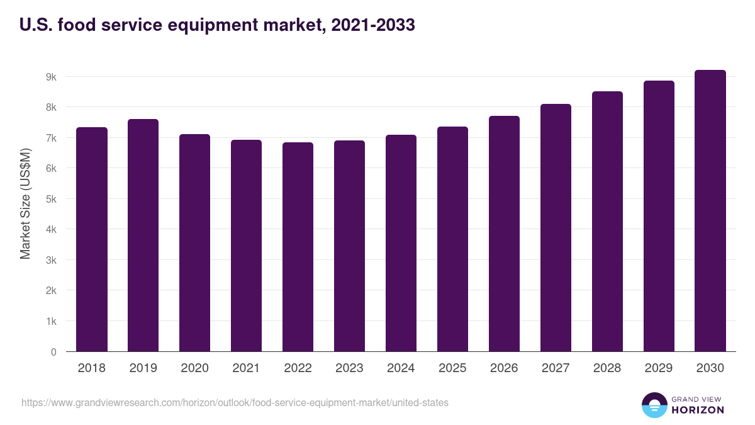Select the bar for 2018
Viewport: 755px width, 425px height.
(92, 239)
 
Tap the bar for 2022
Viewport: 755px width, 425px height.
(298, 247)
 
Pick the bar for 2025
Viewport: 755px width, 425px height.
(452, 239)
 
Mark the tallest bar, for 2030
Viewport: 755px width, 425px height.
(710, 211)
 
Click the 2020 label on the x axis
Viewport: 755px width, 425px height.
(194, 368)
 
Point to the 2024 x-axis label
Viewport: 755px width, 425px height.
(401, 368)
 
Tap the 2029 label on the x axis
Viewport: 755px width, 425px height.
(659, 368)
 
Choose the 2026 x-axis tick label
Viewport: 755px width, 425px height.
(504, 368)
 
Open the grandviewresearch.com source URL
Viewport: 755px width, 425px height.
(235, 402)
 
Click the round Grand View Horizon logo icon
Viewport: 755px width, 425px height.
(654, 405)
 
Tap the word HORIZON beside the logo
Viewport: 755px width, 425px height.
(698, 410)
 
